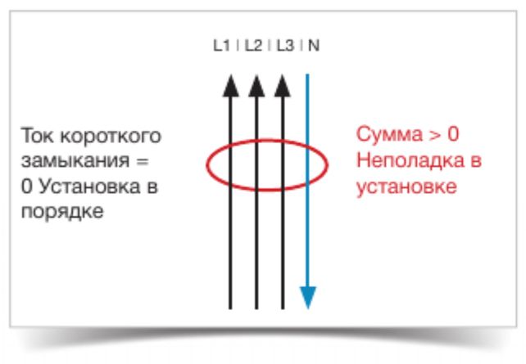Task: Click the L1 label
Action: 221,46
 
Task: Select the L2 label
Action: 253,46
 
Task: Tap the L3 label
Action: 285,46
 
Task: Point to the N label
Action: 314,46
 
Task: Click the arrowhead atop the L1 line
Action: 231,86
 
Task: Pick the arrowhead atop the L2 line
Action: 256,86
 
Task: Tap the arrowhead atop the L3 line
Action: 283,86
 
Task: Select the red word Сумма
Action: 390,134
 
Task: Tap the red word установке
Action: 406,186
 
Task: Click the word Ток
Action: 37,136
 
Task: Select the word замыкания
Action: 75,161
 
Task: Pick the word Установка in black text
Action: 89,186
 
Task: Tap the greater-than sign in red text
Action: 435,135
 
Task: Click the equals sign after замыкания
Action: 143,161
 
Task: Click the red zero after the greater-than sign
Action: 453,134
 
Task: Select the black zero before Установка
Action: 27,186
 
